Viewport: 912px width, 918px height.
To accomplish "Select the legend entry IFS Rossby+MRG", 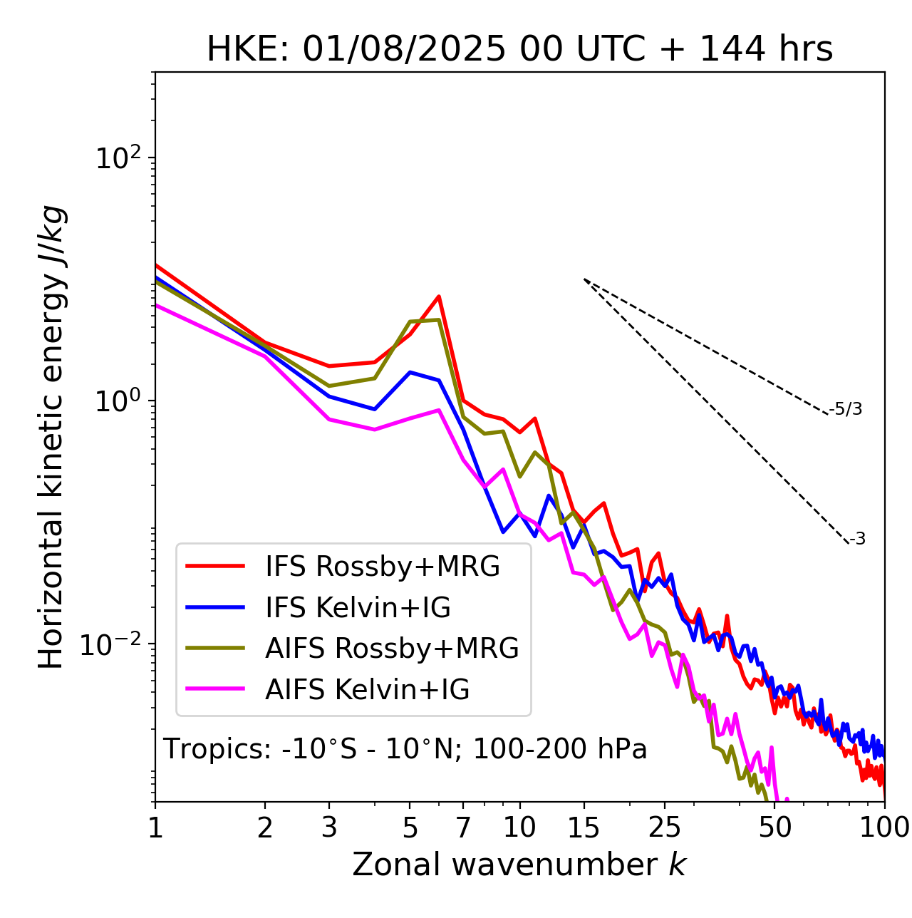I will click(382, 567).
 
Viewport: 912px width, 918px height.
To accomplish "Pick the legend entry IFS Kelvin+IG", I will click(358, 608).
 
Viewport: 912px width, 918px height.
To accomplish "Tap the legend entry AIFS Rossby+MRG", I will click(392, 649).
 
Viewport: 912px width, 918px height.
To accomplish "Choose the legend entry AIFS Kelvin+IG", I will click(367, 690).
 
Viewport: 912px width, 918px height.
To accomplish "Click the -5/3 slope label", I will click(846, 409).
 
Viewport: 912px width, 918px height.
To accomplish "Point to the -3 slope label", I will click(857, 540).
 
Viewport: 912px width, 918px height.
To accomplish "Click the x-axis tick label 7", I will click(463, 827).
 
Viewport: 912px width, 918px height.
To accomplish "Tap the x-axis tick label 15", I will click(584, 827).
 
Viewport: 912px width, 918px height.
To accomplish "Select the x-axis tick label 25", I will click(665, 827).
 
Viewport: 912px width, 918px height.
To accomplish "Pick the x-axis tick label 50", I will click(774, 827).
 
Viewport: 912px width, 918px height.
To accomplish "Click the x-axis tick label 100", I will click(884, 827).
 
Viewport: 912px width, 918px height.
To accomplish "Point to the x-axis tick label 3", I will click(329, 827).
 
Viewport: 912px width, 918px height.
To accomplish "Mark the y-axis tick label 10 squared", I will click(118, 158).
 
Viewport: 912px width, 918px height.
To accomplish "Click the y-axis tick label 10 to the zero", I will click(118, 401).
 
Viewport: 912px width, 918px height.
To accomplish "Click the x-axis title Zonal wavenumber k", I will click(519, 865).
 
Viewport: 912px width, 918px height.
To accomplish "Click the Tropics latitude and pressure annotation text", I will click(405, 749).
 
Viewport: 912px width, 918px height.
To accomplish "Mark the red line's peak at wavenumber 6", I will click(439, 296).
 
